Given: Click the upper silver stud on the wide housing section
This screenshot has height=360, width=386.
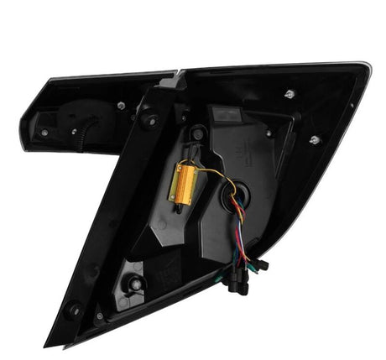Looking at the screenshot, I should point(289,93).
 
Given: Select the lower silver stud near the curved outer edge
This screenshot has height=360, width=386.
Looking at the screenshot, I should point(315,140).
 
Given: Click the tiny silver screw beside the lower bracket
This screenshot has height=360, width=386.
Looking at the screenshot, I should point(100,316).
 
